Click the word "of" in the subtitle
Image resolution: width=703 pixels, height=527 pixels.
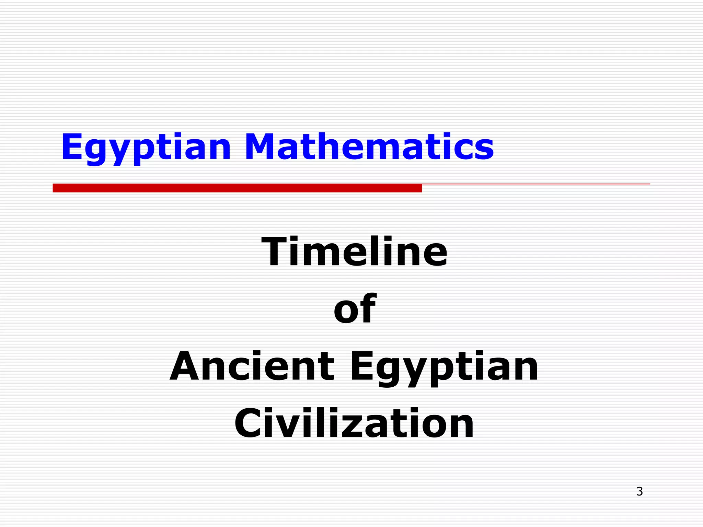[x=355, y=308]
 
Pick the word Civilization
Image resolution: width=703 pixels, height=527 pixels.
[x=354, y=423]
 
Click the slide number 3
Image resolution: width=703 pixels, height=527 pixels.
[x=639, y=492]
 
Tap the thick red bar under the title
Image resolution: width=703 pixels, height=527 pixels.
[x=237, y=188]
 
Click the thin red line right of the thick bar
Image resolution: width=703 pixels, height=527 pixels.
[x=535, y=184]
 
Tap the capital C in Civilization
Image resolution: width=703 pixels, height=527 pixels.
[x=251, y=423]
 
